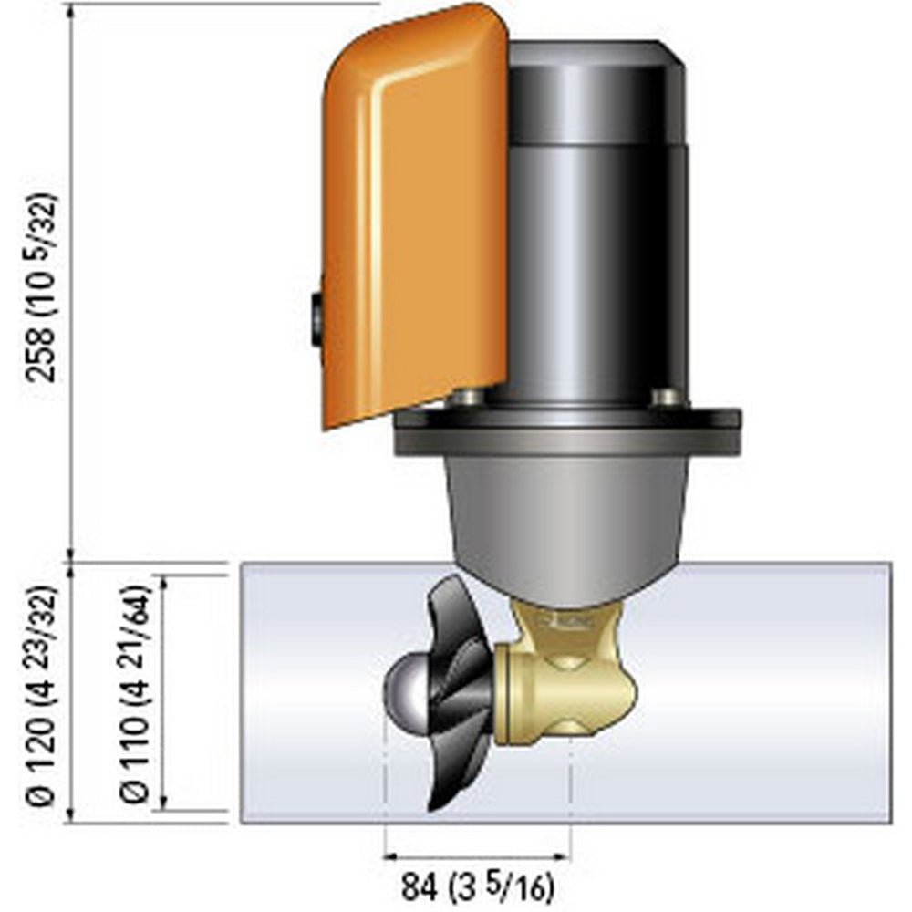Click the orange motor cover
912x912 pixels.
click(x=415, y=219)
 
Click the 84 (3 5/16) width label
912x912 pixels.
click(x=477, y=884)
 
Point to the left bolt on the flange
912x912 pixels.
click(x=468, y=397)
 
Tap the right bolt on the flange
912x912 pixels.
click(x=667, y=397)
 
